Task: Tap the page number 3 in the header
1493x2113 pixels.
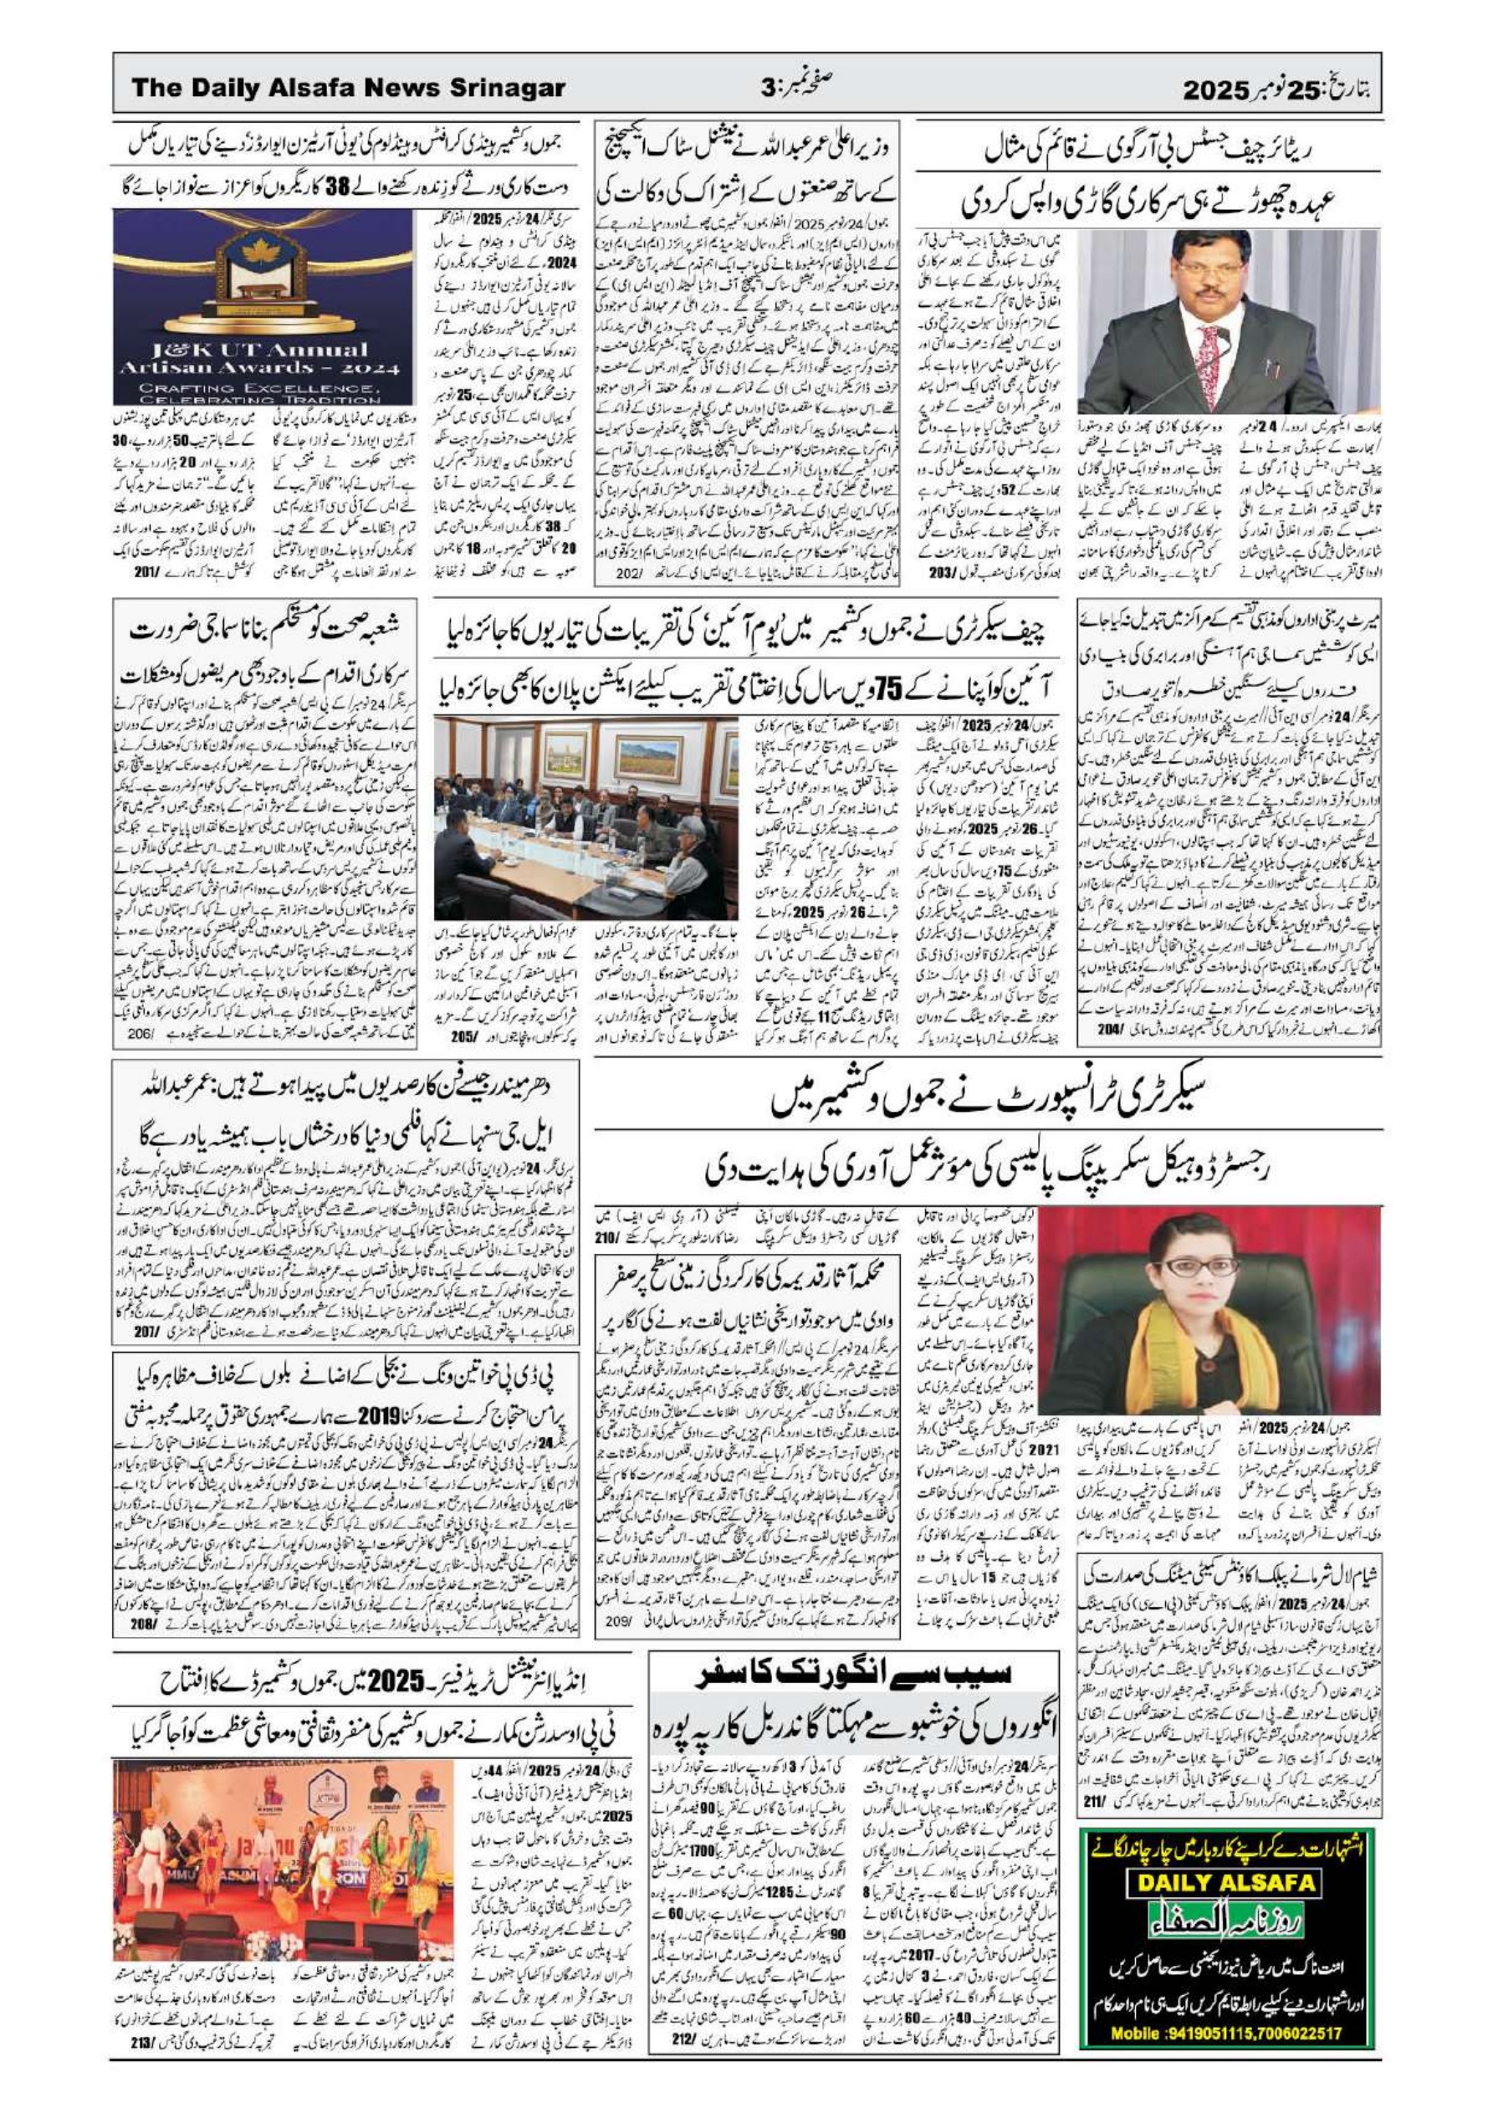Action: coord(769,90)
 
